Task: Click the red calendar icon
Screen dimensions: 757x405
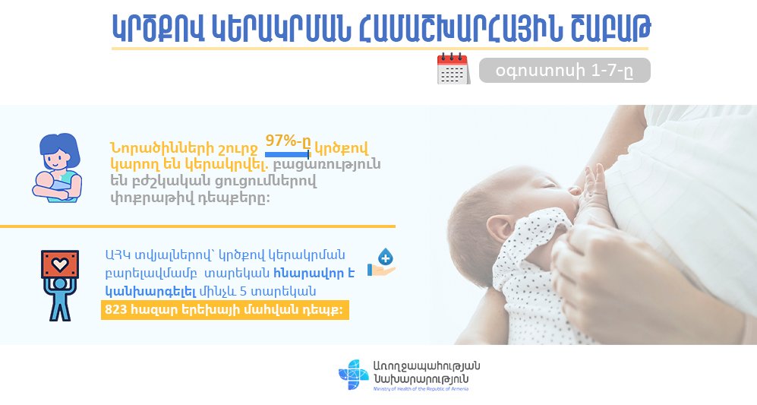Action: click(453, 68)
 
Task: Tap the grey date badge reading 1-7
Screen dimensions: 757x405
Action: click(564, 71)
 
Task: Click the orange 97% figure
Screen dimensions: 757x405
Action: click(289, 141)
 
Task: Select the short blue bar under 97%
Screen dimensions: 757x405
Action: click(287, 155)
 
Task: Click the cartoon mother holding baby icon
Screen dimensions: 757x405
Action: click(57, 168)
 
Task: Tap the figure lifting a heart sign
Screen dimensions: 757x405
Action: click(60, 285)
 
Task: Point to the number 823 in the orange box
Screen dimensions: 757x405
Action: click(115, 310)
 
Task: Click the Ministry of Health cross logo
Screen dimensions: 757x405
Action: click(354, 375)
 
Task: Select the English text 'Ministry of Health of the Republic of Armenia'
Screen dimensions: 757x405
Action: click(420, 388)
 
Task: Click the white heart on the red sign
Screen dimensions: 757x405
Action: click(60, 264)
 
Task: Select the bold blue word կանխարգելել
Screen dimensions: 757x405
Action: click(150, 292)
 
